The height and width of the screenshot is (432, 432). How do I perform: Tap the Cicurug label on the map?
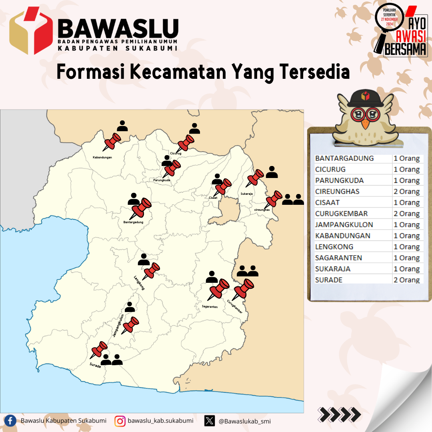point(176,153)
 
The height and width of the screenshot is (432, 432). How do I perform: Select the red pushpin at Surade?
point(99,349)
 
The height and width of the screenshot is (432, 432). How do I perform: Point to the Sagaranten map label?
point(210,307)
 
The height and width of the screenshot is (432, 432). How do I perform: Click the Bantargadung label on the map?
point(133,222)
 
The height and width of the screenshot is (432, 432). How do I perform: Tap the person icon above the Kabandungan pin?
point(122,126)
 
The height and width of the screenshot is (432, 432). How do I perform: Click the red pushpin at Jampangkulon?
point(130,325)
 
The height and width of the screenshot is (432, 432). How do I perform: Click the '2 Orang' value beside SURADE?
point(406,280)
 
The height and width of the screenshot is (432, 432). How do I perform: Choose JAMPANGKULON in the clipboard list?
point(344,225)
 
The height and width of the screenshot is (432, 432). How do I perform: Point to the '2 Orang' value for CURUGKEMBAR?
point(406,214)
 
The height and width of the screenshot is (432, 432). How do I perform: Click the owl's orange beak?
point(365,124)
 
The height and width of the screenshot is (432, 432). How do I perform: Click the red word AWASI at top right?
point(410,37)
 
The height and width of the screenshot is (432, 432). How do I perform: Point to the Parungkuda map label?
point(162,180)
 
